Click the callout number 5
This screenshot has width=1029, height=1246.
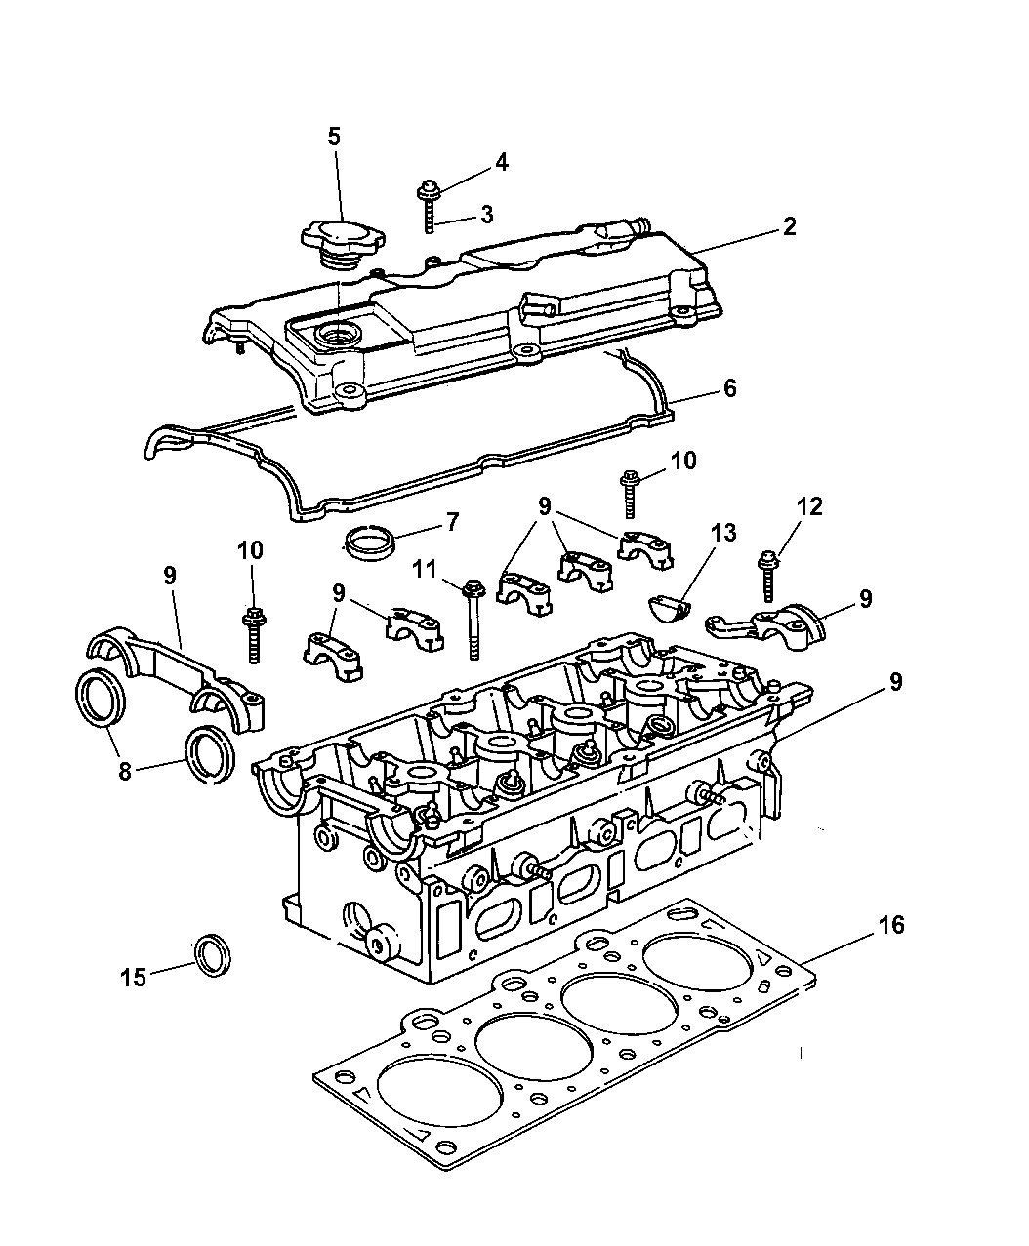(335, 137)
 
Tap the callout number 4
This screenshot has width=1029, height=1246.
(501, 162)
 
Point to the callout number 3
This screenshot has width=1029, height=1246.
(485, 214)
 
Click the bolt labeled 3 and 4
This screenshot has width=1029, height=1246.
(429, 204)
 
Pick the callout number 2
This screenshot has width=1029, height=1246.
(789, 227)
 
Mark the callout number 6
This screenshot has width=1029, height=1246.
(729, 389)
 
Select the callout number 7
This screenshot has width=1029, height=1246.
(451, 522)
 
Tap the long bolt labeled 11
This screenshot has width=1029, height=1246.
(474, 619)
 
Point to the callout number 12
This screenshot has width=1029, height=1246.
(809, 506)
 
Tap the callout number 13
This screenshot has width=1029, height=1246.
(723, 534)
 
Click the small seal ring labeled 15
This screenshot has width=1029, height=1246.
(212, 954)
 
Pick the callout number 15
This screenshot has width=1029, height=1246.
(133, 977)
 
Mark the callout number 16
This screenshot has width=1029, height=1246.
(890, 924)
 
